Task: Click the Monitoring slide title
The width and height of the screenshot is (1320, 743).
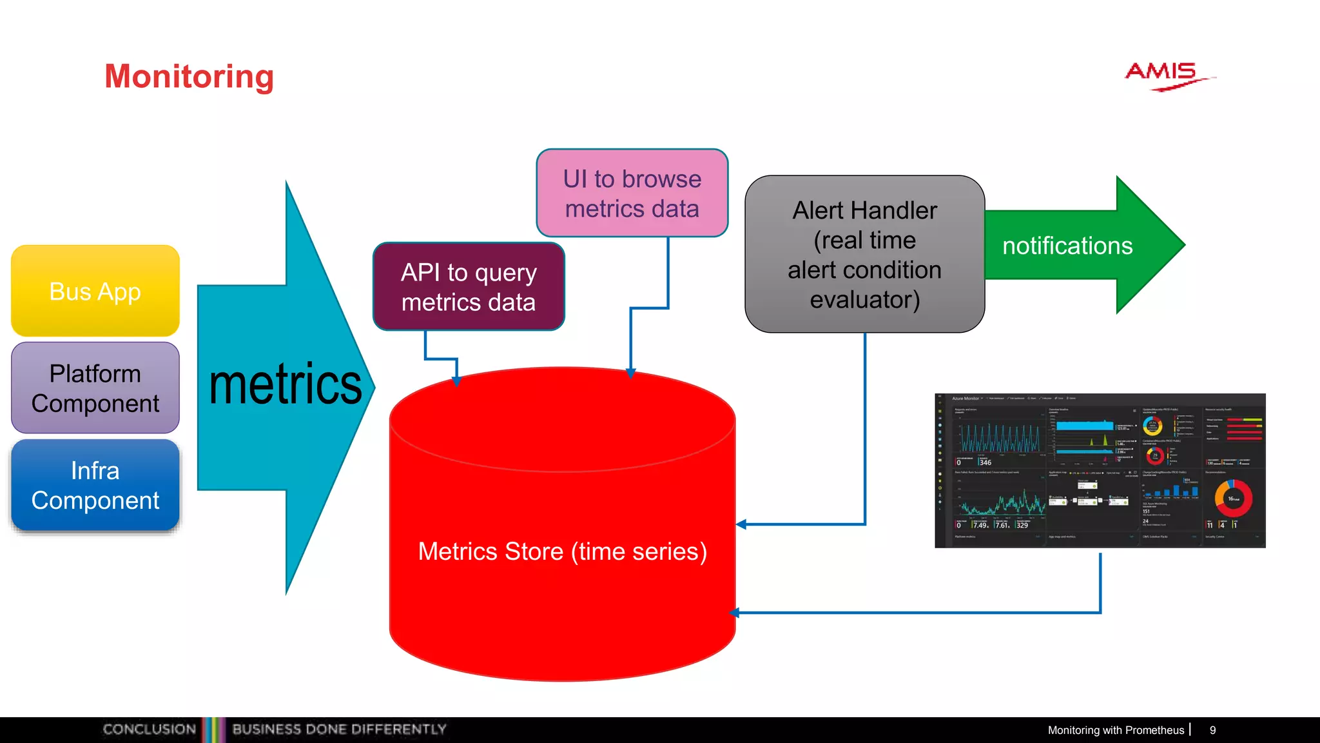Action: click(189, 76)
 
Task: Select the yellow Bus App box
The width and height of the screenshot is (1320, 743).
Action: click(95, 291)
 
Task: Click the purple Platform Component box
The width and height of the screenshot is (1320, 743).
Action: click(95, 388)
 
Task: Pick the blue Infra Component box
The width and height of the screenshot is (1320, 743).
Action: click(95, 485)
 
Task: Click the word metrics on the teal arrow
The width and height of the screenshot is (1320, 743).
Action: click(285, 385)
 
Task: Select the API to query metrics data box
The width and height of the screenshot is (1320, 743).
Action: click(469, 287)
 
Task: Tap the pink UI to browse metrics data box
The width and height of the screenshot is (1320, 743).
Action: click(632, 193)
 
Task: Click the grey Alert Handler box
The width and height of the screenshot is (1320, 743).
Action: click(864, 254)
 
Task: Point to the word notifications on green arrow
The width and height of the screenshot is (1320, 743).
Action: click(1067, 246)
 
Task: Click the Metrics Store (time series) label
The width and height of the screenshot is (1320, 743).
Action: click(562, 551)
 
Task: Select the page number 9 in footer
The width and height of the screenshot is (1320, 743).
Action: click(1212, 730)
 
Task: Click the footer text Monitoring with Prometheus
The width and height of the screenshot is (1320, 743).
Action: click(1115, 730)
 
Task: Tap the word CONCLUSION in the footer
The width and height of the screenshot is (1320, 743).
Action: click(149, 729)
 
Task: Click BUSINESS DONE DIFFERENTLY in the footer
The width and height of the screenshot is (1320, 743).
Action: click(339, 729)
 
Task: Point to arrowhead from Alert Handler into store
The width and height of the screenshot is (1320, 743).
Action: click(741, 524)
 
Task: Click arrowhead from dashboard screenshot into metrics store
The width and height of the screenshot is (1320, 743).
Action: click(735, 613)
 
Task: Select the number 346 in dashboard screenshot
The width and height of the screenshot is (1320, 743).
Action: click(985, 462)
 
